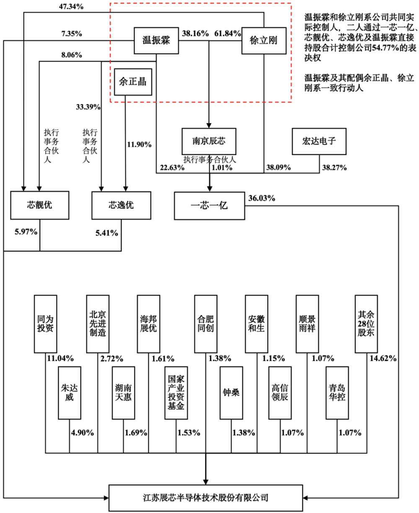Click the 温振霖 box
[x=155, y=41]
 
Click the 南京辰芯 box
[x=209, y=142]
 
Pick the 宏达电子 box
[x=320, y=142]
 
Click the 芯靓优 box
[x=40, y=206]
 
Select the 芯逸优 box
[x=121, y=206]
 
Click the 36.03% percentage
[x=262, y=198]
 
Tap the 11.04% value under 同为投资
[x=60, y=358]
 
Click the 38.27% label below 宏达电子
[x=334, y=168]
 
